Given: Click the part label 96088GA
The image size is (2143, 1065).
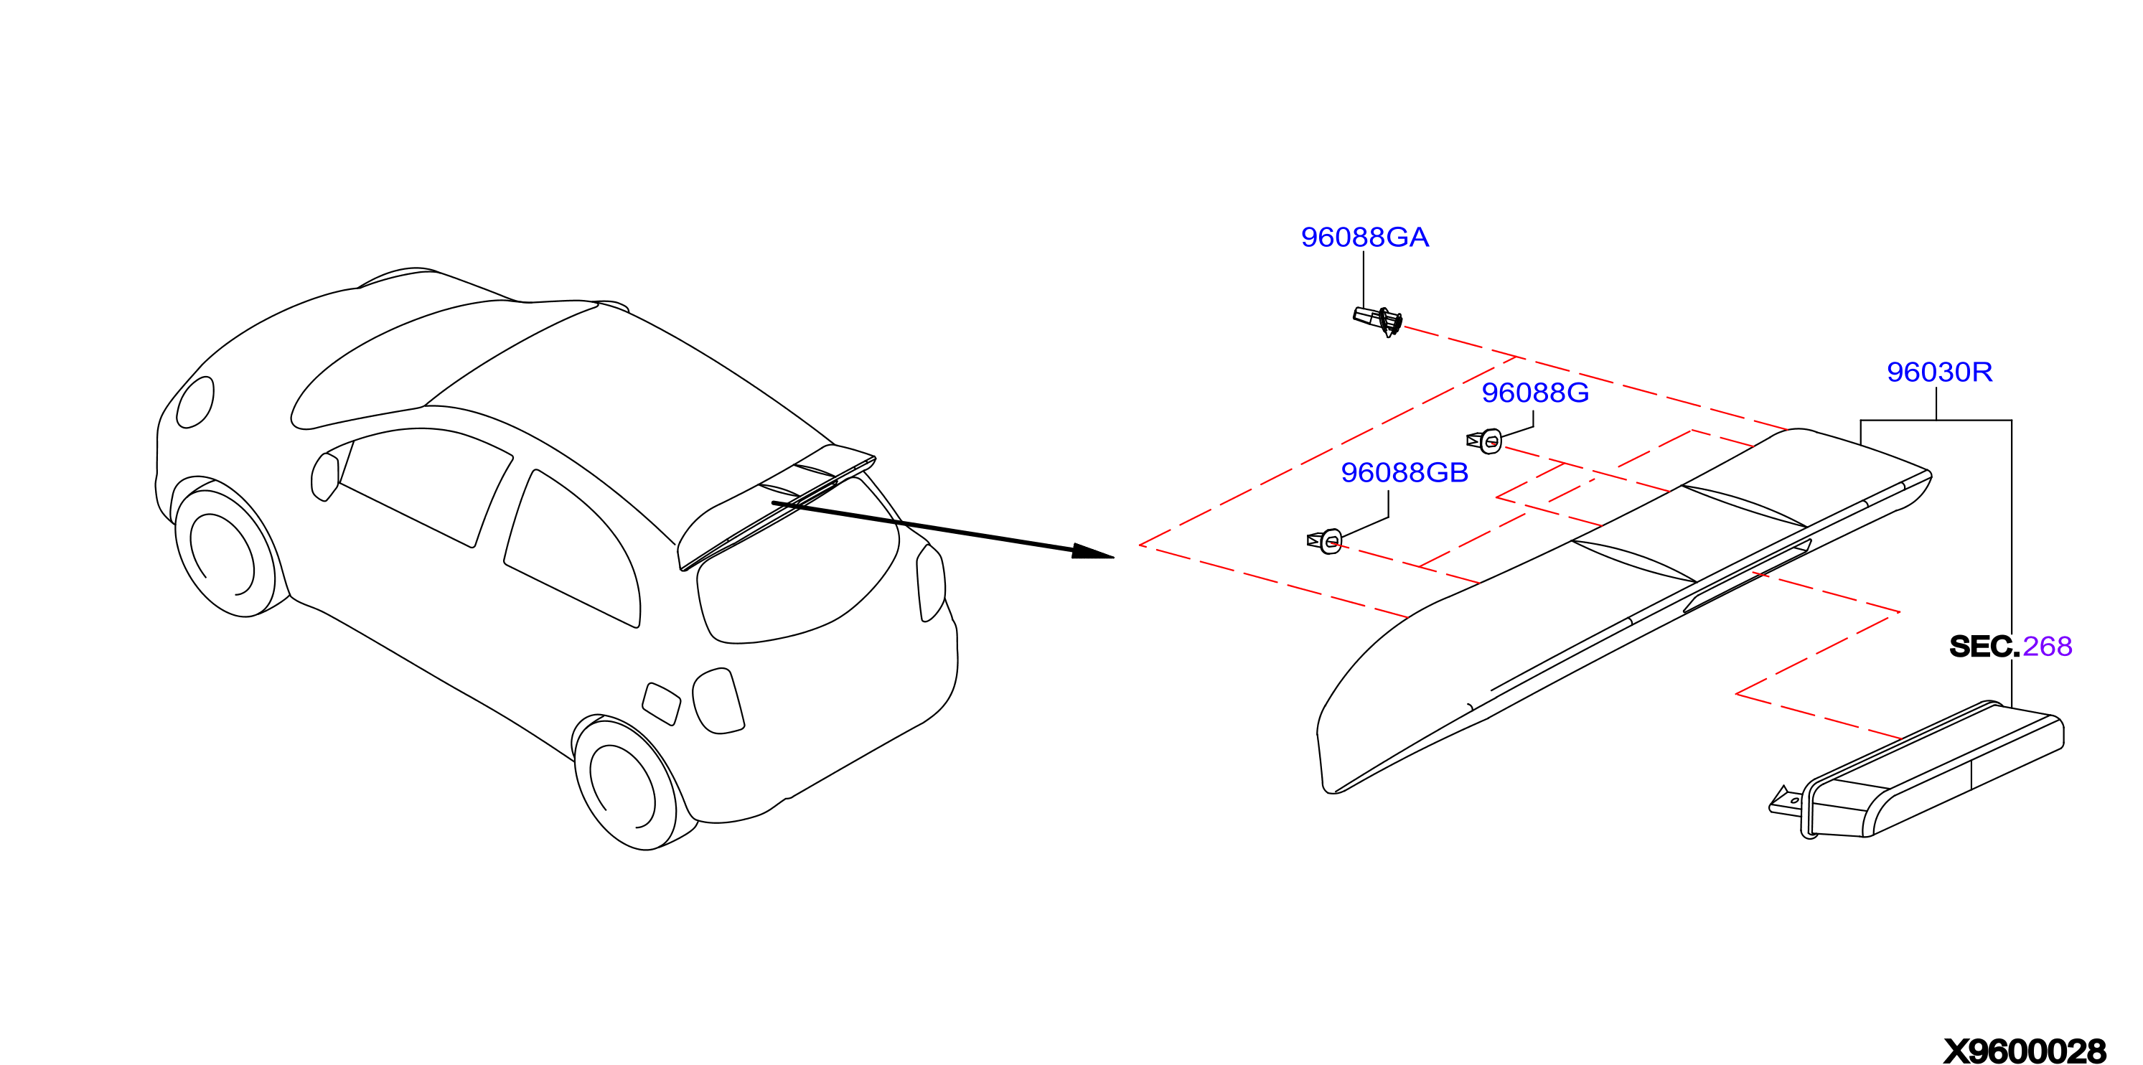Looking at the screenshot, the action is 1364,237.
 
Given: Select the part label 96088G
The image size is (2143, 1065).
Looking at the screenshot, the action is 1535,393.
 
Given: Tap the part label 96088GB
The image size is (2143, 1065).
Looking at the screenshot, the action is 1405,473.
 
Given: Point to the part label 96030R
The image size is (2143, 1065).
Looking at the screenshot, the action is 1939,372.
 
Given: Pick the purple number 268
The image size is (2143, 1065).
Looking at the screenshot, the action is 2047,647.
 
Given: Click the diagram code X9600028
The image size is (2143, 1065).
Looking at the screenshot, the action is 2025,1051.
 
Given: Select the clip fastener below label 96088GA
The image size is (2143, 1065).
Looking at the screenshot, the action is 1379,320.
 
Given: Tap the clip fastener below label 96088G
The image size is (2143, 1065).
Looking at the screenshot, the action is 1484,441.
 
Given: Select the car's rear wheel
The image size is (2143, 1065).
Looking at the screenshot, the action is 626,784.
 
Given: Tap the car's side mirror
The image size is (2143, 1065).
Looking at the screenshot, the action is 324,477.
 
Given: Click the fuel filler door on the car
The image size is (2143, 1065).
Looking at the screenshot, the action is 662,704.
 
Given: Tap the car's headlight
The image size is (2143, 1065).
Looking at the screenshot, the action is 194,403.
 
